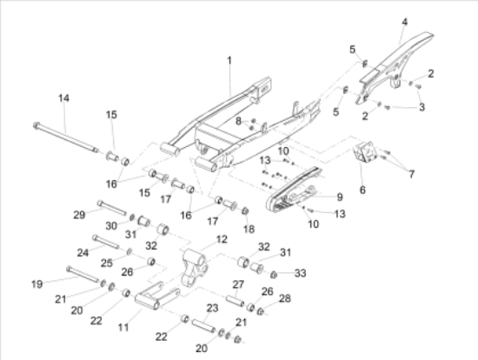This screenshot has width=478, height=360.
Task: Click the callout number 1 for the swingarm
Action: coord(229,60)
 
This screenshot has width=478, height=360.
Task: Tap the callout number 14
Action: coord(63,98)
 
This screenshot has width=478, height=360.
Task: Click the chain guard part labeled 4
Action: coord(395,68)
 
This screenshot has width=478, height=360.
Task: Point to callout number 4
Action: coord(404,22)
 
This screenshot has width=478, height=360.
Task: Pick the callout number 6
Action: coord(362,190)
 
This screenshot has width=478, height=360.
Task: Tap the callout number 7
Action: coord(412,174)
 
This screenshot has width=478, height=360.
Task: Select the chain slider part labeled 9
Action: coord(293,190)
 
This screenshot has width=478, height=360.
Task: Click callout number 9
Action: coord(340,197)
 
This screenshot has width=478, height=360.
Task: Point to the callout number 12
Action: coord(222,239)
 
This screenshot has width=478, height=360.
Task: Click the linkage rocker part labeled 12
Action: coord(195,267)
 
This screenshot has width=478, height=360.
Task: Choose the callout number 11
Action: coord(123,328)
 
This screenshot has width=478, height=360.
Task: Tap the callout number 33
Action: coord(301,273)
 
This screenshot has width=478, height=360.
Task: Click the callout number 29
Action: coord(79,215)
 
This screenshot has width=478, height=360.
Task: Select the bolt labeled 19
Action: coord(83,274)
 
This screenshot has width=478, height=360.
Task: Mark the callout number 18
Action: coord(249,229)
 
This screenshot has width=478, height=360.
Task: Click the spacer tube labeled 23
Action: coord(203,326)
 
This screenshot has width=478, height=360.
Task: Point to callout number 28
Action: coord(285,298)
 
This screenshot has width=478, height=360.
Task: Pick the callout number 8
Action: coord(238,121)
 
